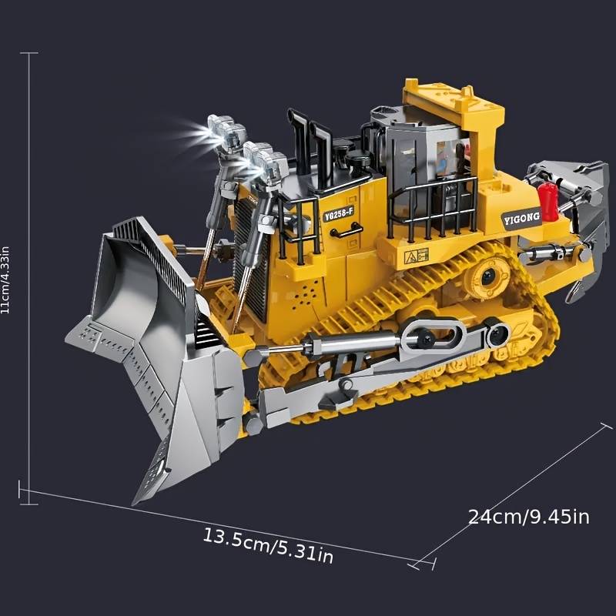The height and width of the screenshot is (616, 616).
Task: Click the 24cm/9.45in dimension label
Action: (x=528, y=517)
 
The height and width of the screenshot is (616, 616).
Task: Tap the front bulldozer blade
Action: (x=154, y=339)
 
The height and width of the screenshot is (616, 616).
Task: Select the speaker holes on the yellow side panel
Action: (x=308, y=293)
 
